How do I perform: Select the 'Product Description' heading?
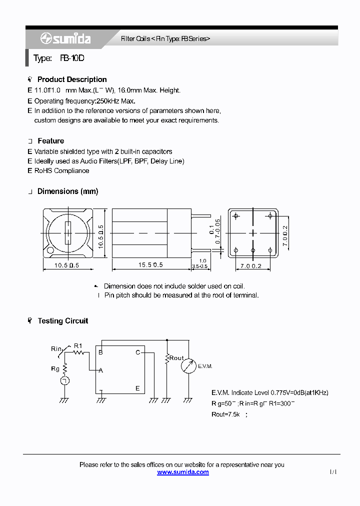[72, 79]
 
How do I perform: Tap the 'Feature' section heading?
[50, 141]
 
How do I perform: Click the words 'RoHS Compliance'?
[61, 170]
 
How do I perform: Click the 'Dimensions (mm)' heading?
[67, 191]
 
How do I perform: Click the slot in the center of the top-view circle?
[68, 233]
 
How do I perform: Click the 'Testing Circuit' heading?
[62, 321]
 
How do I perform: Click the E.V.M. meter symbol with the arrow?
[188, 365]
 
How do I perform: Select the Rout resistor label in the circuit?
[176, 358]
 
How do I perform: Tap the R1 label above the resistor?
[78, 345]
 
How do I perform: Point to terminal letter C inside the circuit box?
[137, 352]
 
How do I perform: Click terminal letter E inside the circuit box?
[137, 388]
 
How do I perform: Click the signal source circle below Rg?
[64, 381]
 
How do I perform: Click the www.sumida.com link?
[182, 472]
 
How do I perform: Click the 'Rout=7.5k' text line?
[226, 414]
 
